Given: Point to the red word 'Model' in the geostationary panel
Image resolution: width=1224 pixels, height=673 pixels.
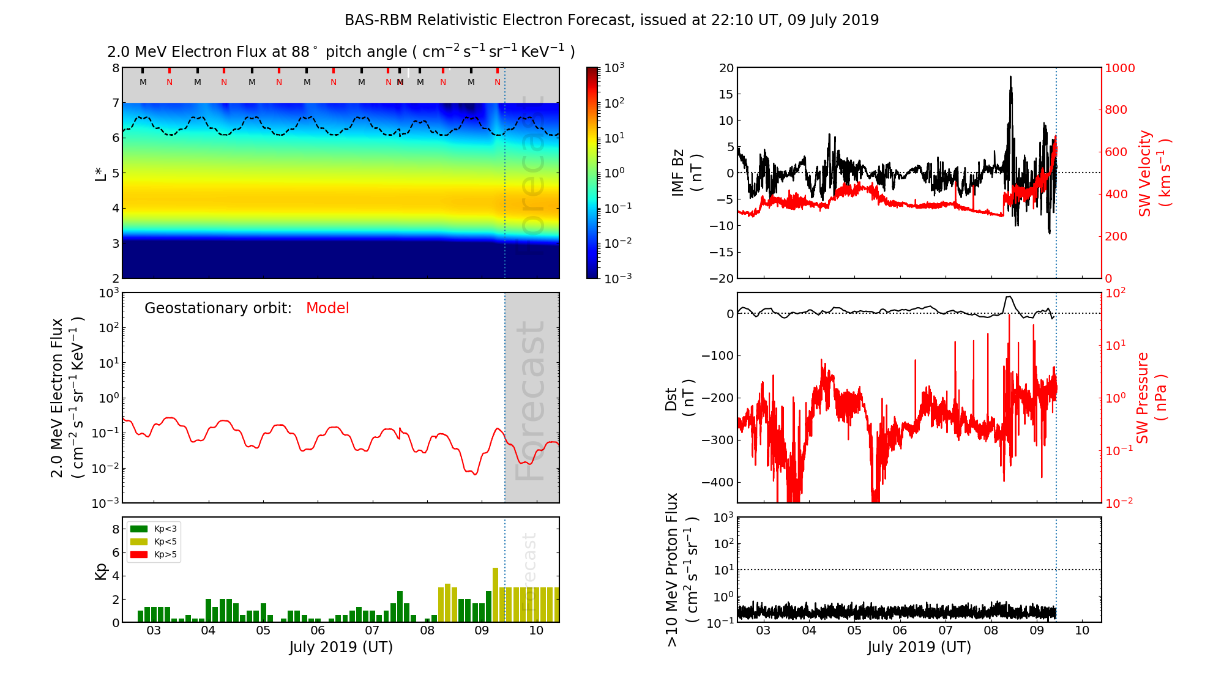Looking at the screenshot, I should click(327, 308).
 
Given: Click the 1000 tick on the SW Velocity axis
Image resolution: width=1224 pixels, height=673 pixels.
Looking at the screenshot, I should click(1119, 68).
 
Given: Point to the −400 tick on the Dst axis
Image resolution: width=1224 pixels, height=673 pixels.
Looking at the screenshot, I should click(717, 482).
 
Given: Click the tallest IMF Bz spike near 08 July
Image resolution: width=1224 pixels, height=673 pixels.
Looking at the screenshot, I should click(1010, 78).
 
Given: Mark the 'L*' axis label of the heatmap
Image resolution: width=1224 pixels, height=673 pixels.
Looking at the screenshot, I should click(100, 173).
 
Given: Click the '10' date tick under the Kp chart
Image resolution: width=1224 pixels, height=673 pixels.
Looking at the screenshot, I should click(536, 631).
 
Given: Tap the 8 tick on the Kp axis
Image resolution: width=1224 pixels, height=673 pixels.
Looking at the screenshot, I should click(116, 529).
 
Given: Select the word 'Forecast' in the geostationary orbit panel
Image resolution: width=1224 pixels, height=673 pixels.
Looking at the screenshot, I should click(531, 401).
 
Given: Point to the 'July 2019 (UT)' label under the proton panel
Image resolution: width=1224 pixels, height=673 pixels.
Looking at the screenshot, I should click(919, 647).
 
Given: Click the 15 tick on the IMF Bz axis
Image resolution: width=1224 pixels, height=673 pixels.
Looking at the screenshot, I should click(726, 94).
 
